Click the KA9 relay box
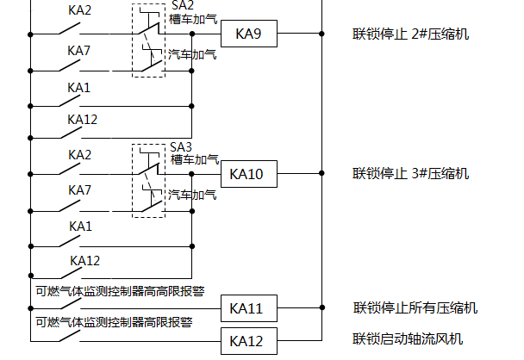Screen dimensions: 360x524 pyautogui.click(x=247, y=34)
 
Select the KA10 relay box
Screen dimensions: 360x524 pyautogui.click(x=247, y=174)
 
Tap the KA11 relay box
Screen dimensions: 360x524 pyautogui.click(x=247, y=308)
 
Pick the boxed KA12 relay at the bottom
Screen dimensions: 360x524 pyautogui.click(x=247, y=340)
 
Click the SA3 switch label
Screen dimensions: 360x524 pyautogui.click(x=181, y=146)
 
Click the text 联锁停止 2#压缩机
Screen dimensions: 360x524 pyautogui.click(x=410, y=34)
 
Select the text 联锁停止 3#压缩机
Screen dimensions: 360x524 pyautogui.click(x=410, y=174)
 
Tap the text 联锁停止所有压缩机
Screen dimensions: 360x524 pyautogui.click(x=415, y=308)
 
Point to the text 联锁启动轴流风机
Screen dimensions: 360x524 pyautogui.click(x=409, y=338)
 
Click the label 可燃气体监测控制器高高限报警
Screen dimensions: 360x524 pyautogui.click(x=120, y=290)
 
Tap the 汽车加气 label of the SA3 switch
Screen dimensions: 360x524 pyautogui.click(x=192, y=195)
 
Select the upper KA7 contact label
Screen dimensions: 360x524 pyautogui.click(x=79, y=51)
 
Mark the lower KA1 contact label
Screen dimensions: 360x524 pyautogui.click(x=79, y=226)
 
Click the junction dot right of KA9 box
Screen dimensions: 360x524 pyautogui.click(x=321, y=34)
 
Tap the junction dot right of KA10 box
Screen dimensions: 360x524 pyautogui.click(x=321, y=174)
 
